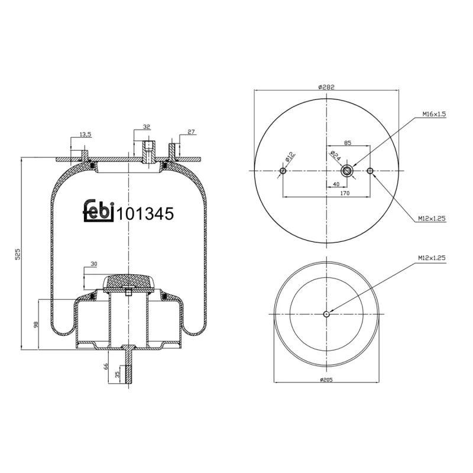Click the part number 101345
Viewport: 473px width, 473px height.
point(145,214)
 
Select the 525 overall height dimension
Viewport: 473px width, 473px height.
point(18,254)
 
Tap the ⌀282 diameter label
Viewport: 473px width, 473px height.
point(326,86)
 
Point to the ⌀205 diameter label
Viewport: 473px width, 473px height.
point(326,379)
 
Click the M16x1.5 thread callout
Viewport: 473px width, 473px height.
point(433,114)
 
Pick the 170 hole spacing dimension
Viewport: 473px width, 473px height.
point(345,193)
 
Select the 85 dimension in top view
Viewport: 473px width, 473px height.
point(348,142)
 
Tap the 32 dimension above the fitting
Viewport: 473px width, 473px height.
point(147,127)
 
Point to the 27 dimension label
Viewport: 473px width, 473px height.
point(191,132)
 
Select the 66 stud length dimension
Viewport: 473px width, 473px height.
point(106,366)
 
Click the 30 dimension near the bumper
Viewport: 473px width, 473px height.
point(93,264)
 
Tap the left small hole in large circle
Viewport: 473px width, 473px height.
point(283,171)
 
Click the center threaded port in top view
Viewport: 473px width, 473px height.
point(348,171)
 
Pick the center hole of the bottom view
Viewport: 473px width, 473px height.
point(326,314)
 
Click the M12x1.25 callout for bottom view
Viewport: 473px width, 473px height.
point(430,258)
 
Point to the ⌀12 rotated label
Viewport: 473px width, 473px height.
point(290,157)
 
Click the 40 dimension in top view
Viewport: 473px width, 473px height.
point(336,184)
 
